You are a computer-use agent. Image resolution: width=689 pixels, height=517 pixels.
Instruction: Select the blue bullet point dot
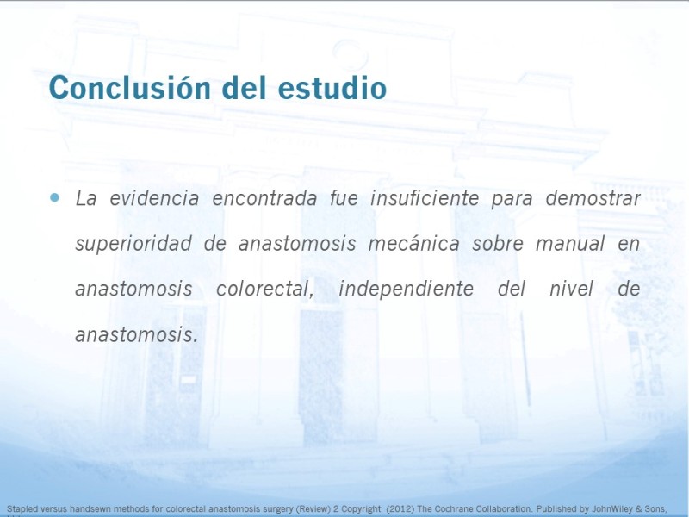coord(54,197)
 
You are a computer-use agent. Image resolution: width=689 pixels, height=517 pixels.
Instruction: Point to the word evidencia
coord(154,198)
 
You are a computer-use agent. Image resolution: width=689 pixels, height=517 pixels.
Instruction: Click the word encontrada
coord(264,198)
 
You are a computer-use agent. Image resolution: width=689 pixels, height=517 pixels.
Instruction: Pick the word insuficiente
coord(425,198)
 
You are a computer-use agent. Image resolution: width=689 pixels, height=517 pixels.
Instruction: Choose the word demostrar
coord(593,198)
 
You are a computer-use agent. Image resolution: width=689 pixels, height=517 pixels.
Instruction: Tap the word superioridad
coord(133,244)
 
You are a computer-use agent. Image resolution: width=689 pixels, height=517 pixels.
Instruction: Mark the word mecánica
coord(414,244)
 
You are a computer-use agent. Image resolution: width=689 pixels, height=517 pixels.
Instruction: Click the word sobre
coord(498,244)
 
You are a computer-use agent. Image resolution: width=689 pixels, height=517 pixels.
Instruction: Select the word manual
coord(570,244)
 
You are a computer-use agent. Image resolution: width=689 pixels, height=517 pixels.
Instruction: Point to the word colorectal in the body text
coord(265,290)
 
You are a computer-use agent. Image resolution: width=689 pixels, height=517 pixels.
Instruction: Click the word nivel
coord(571,290)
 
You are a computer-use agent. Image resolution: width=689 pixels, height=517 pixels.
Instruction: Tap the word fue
coord(344,198)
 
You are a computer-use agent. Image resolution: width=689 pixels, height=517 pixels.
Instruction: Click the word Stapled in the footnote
coord(19,509)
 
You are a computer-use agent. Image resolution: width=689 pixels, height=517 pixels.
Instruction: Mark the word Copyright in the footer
coord(361,509)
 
